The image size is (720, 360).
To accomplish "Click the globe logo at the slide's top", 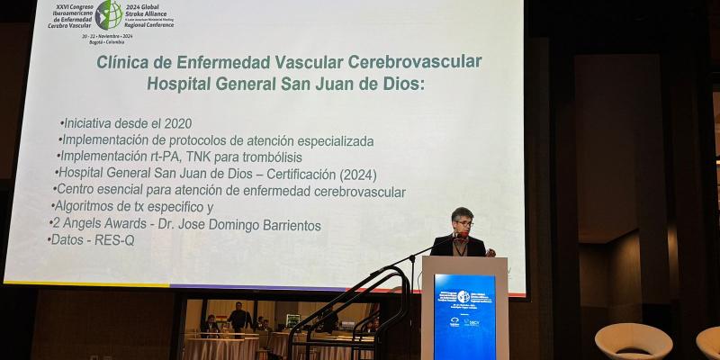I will (109, 13).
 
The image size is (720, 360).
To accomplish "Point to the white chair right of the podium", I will (633, 340).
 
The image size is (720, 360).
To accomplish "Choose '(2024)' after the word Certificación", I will (354, 174).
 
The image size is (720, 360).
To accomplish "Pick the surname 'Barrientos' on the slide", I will (281, 225).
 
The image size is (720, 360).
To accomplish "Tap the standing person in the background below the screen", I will (238, 317).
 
